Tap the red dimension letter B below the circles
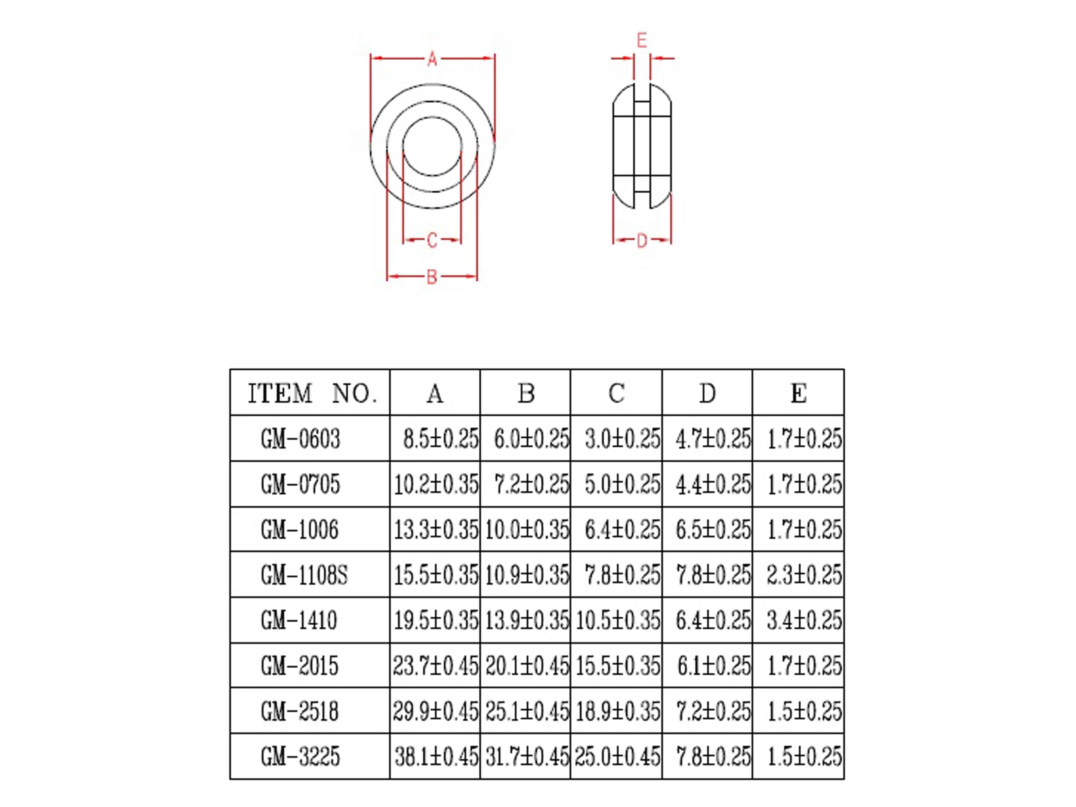pos(431,277)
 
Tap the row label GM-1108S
pos(304,575)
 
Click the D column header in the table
pos(707,393)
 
